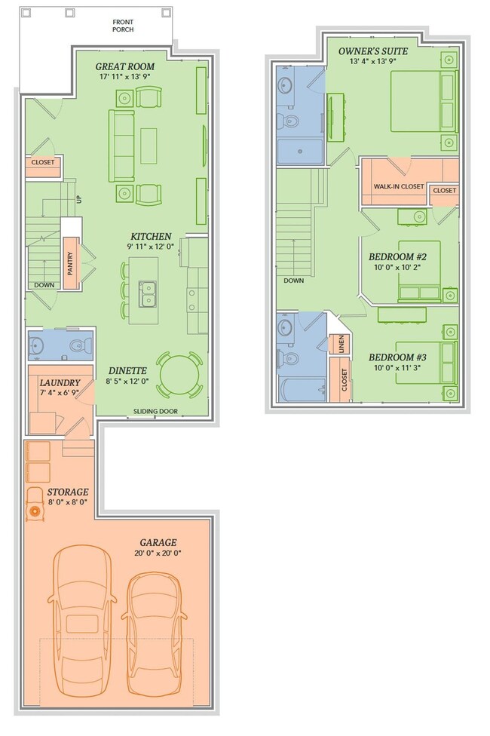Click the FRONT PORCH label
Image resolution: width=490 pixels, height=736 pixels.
click(x=123, y=26)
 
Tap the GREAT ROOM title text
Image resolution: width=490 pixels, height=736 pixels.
click(x=125, y=66)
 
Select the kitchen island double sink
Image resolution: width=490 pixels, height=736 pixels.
click(x=148, y=293)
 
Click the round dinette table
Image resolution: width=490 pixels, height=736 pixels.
click(x=179, y=375)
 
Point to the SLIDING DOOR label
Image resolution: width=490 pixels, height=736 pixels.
click(x=155, y=411)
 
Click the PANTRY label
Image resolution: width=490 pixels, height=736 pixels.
click(x=70, y=264)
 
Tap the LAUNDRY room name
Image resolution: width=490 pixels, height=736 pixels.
click(x=60, y=383)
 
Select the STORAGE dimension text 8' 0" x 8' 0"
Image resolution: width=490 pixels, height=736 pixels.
click(x=68, y=502)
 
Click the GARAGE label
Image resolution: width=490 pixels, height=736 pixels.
click(x=158, y=543)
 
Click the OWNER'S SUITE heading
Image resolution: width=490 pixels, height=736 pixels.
click(x=373, y=51)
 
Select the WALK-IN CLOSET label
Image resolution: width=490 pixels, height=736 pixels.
click(x=399, y=186)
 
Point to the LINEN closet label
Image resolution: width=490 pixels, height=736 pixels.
click(x=341, y=344)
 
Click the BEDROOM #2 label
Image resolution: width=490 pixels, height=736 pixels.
click(x=397, y=256)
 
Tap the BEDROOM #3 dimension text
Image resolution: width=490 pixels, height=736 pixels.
click(x=397, y=368)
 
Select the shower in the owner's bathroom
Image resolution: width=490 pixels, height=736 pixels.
click(x=300, y=151)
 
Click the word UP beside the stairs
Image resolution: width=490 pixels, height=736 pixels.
click(x=79, y=199)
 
